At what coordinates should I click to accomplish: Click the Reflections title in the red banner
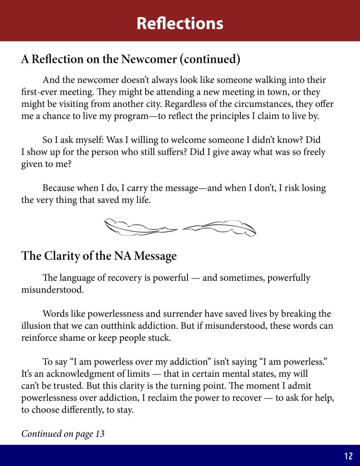click(180, 23)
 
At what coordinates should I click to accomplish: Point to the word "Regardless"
click(206, 104)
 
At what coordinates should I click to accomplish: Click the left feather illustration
click(140, 227)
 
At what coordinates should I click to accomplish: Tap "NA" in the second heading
click(124, 256)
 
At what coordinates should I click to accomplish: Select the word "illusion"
click(37, 326)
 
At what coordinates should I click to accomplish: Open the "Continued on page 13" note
click(63, 434)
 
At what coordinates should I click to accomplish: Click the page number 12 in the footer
click(349, 456)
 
